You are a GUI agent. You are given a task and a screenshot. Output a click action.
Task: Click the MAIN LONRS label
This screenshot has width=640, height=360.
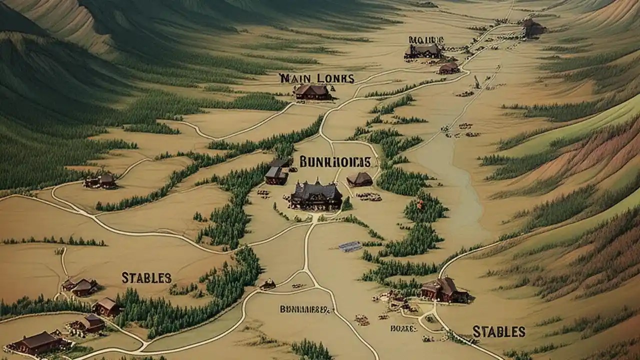316,78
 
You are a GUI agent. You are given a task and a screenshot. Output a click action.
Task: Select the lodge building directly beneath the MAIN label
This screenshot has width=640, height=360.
312,92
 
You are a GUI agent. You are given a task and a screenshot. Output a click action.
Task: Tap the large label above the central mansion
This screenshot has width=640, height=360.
335,161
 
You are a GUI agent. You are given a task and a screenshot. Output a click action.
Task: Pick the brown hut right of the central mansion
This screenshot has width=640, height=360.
359,179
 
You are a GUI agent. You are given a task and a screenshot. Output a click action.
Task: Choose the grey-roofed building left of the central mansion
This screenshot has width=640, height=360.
275,175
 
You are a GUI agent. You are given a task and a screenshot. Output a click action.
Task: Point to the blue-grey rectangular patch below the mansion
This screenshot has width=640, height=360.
350,246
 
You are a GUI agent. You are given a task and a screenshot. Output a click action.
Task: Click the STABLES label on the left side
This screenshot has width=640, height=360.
146,278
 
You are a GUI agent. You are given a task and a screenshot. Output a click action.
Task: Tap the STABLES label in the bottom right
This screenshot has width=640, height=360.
498,331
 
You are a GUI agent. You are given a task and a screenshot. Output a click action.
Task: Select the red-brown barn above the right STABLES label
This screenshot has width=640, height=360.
444,290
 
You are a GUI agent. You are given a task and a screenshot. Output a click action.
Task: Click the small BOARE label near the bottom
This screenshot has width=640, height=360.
403,328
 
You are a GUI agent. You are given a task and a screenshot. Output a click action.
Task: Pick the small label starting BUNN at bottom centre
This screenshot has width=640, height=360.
305,309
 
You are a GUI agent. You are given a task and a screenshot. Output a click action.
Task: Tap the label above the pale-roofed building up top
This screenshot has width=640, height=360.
426,39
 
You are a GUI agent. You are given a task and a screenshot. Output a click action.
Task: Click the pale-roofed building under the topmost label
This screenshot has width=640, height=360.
424,50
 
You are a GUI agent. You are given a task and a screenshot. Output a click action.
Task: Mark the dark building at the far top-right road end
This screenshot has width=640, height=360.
533,28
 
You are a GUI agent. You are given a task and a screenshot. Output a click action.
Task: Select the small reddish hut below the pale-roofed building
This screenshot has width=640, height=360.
448,68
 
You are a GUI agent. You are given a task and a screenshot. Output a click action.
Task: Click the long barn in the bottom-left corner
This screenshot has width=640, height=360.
36,342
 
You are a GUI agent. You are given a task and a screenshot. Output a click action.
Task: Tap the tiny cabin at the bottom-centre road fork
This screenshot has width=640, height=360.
267,284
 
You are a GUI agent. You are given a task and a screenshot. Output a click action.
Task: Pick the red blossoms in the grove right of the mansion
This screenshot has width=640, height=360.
420,203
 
